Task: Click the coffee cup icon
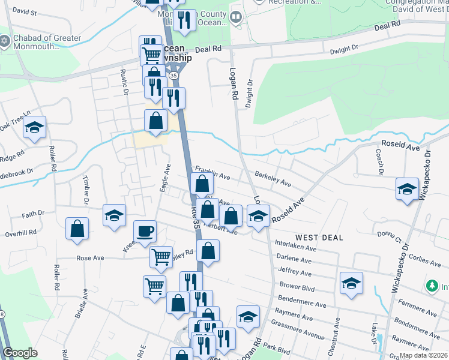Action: (144, 231)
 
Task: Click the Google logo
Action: (20, 353)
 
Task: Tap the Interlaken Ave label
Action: (295, 247)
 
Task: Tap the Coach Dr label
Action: (379, 159)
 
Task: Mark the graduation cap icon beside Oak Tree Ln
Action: (35, 128)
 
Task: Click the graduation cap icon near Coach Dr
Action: (407, 189)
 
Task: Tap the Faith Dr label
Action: (33, 214)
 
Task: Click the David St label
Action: (24, 11)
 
